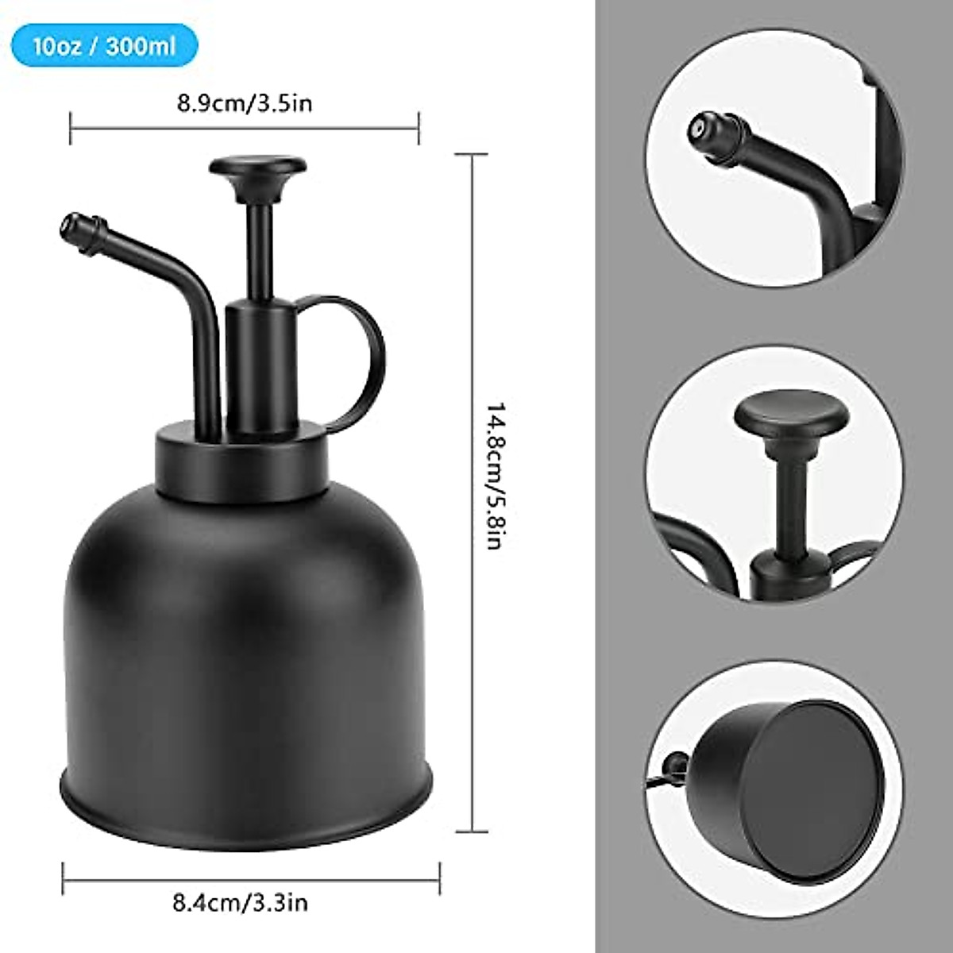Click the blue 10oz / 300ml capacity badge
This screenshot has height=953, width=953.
[103, 45]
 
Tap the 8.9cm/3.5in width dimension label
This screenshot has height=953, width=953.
[245, 104]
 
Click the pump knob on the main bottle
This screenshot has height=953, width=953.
[258, 168]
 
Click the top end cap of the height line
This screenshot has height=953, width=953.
[474, 154]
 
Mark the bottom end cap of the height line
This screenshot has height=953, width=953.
[474, 831]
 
